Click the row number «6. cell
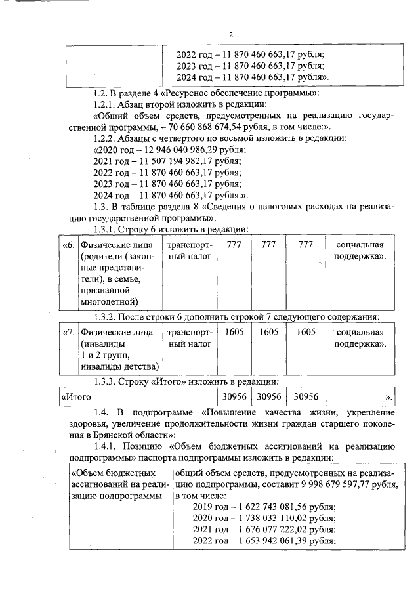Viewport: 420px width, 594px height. (68, 245)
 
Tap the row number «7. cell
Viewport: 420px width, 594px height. (68, 333)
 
